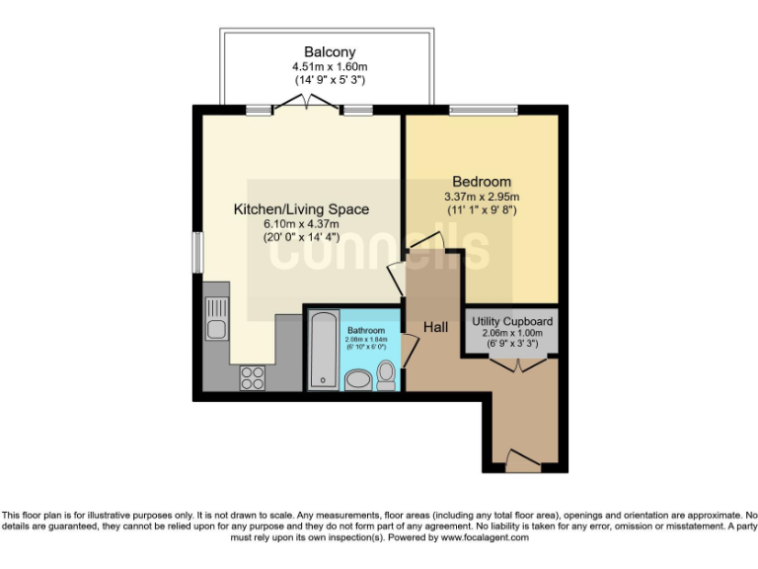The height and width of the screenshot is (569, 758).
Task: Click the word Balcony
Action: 330,52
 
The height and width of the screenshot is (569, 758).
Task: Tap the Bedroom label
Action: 482,182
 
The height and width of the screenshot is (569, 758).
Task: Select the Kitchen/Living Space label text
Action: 301,209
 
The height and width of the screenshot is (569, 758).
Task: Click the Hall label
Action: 436,327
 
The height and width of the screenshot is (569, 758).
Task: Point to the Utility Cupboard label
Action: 512,322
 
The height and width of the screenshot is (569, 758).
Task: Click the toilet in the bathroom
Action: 387,374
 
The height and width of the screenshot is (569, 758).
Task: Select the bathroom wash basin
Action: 357,379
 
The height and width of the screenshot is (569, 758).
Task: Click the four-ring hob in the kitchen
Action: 251,377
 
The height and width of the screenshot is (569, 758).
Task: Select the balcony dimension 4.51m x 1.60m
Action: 330,67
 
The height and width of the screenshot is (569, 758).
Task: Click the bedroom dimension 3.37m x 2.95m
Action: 482,197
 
